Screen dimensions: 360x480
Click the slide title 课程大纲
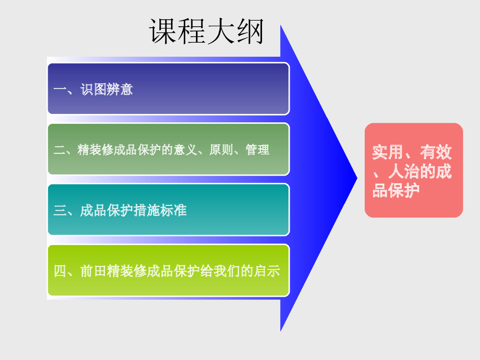coord(206,32)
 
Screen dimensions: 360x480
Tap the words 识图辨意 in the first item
coord(107,90)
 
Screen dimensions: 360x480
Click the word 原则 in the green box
coord(221,150)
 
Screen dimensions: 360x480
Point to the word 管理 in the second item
coord(257,150)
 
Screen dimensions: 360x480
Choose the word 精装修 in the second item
coord(95,150)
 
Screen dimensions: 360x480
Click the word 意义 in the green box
coord(185,150)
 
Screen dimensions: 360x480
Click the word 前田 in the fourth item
coord(93,271)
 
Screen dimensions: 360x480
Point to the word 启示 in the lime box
coord(267,271)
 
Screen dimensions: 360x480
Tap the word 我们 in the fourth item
coord(226,271)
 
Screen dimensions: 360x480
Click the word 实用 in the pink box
coord(388,152)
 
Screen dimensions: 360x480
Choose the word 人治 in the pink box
coord(404,172)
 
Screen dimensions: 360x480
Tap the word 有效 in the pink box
coord(436,152)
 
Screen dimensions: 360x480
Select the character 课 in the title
coord(163,32)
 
